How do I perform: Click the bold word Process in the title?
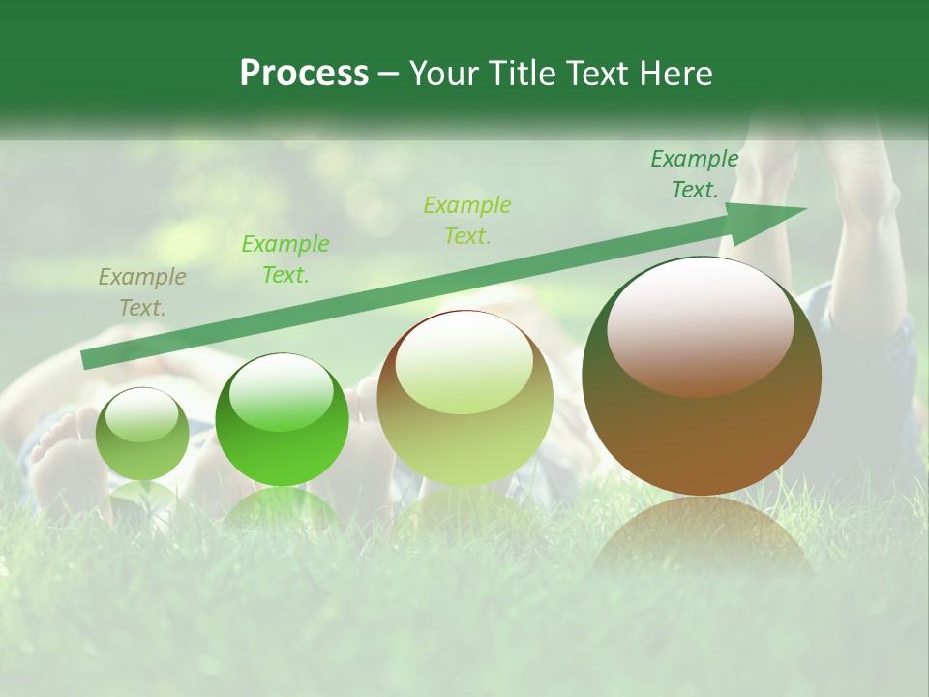304,74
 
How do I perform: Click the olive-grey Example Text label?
142,292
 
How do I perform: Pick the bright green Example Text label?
285,258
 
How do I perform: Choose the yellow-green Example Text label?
467,220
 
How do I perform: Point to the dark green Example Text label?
695,174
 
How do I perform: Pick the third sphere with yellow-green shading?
464,399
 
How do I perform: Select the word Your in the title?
441,74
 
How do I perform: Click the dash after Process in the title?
388,74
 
